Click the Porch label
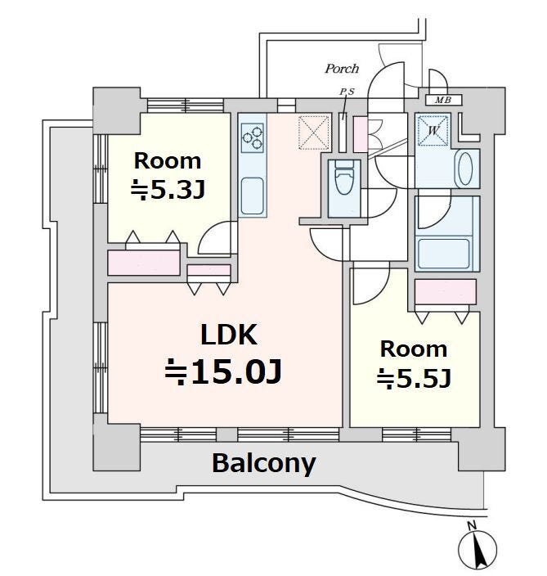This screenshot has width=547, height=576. [x=342, y=69]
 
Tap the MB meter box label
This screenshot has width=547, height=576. [x=443, y=100]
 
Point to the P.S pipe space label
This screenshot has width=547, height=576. [x=347, y=92]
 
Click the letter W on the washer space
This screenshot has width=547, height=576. [x=433, y=130]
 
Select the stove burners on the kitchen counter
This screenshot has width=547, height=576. [x=253, y=137]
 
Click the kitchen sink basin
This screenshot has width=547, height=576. [x=252, y=196]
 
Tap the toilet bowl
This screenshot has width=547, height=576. [x=344, y=180]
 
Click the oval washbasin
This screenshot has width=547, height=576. [x=464, y=169]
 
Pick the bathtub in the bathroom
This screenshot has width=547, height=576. [x=444, y=254]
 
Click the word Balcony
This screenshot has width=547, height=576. [x=263, y=464]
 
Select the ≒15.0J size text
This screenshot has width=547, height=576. [x=223, y=371]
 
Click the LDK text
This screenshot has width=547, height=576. [x=229, y=335]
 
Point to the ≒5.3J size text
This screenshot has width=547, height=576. [x=168, y=191]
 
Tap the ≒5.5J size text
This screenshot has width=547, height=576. [x=414, y=378]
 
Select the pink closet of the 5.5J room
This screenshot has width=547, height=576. [x=446, y=292]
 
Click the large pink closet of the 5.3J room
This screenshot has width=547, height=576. [x=144, y=263]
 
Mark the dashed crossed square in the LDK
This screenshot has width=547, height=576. [x=314, y=133]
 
